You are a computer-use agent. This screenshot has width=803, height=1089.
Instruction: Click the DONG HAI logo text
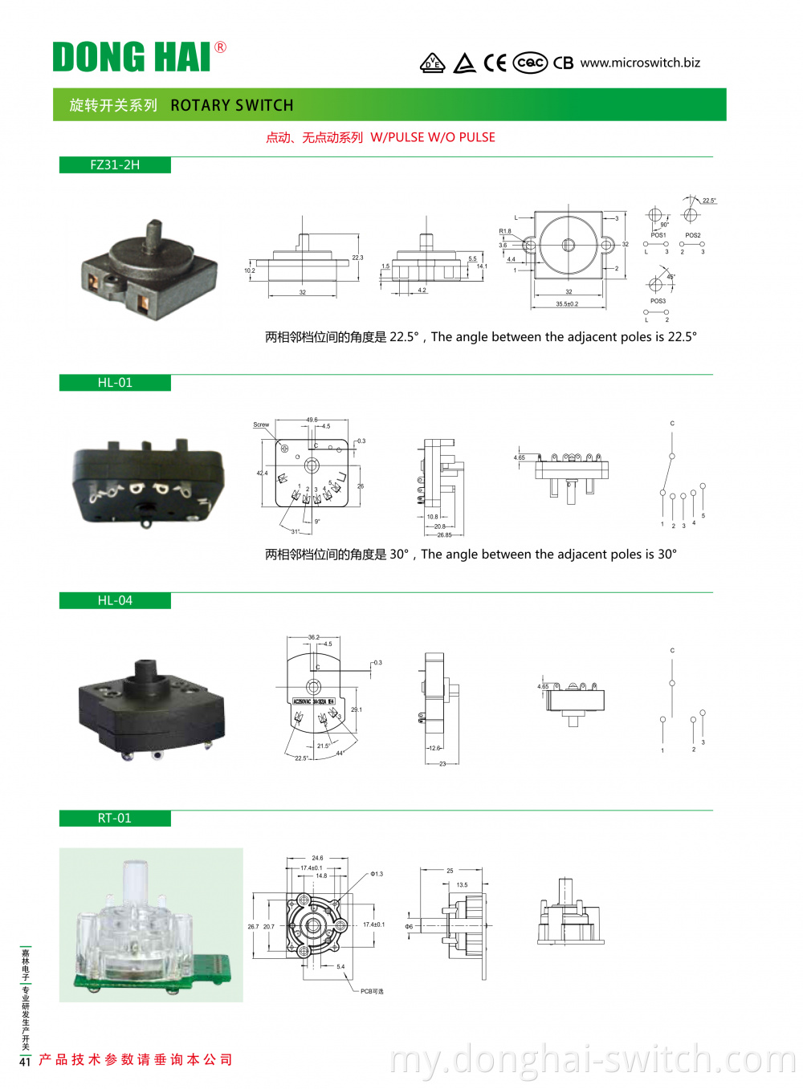132,57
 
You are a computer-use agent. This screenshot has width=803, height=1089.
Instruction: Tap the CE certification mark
495,63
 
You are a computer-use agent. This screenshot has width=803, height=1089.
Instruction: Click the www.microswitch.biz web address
640,63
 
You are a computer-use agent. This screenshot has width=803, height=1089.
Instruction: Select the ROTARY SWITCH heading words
232,105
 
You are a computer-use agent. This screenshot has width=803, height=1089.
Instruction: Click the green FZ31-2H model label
115,165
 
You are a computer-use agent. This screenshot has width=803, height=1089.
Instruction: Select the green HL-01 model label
115,383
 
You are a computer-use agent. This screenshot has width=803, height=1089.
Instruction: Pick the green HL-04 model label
115,600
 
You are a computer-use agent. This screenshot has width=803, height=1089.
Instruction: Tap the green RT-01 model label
115,818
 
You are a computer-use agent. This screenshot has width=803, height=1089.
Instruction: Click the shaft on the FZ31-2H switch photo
153,236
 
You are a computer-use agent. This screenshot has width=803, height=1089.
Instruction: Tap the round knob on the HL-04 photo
146,672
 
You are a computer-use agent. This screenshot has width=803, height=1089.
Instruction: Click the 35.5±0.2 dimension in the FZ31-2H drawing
567,304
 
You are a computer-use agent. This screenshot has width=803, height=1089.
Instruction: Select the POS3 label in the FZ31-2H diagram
658,301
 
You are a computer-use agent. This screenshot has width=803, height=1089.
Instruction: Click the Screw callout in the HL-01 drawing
261,425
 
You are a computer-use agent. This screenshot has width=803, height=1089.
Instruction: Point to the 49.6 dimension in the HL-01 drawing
312,420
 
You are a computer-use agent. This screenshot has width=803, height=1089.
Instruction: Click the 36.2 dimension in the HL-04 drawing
313,637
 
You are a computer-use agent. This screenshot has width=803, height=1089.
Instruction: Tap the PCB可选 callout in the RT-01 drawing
372,991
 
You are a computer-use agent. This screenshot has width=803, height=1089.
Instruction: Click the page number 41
25,1062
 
